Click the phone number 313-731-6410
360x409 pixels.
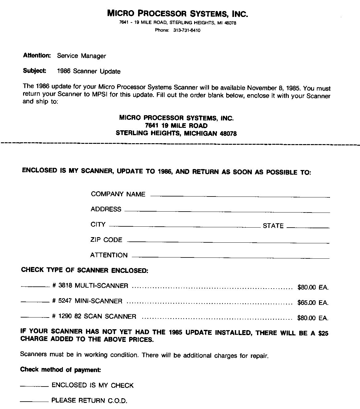click(187, 30)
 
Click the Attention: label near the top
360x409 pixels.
click(37, 55)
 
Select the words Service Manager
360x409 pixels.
click(81, 56)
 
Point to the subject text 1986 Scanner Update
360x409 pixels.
click(89, 71)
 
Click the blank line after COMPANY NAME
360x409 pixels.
click(240, 196)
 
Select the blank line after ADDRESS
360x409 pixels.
click(227, 212)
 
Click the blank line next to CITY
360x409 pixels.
click(185, 227)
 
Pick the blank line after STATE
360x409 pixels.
click(308, 227)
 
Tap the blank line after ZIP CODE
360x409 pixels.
click(228, 242)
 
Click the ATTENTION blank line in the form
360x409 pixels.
click(231, 257)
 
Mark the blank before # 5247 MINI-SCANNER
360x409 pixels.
click(35, 302)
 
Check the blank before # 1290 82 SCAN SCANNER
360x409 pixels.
click(35, 318)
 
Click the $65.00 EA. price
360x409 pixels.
click(313, 303)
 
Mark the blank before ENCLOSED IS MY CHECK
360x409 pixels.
click(34, 386)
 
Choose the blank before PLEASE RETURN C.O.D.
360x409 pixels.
click(34, 401)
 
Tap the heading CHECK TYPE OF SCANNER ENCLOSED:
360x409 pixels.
click(85, 270)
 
